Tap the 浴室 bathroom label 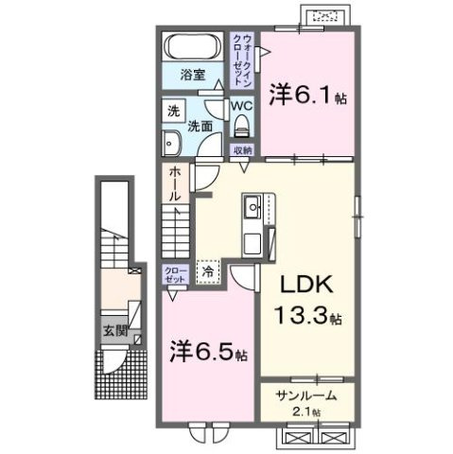194,75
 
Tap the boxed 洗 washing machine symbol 173,109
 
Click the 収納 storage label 241,150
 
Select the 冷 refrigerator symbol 207,271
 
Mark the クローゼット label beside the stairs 175,274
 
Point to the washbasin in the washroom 173,144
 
